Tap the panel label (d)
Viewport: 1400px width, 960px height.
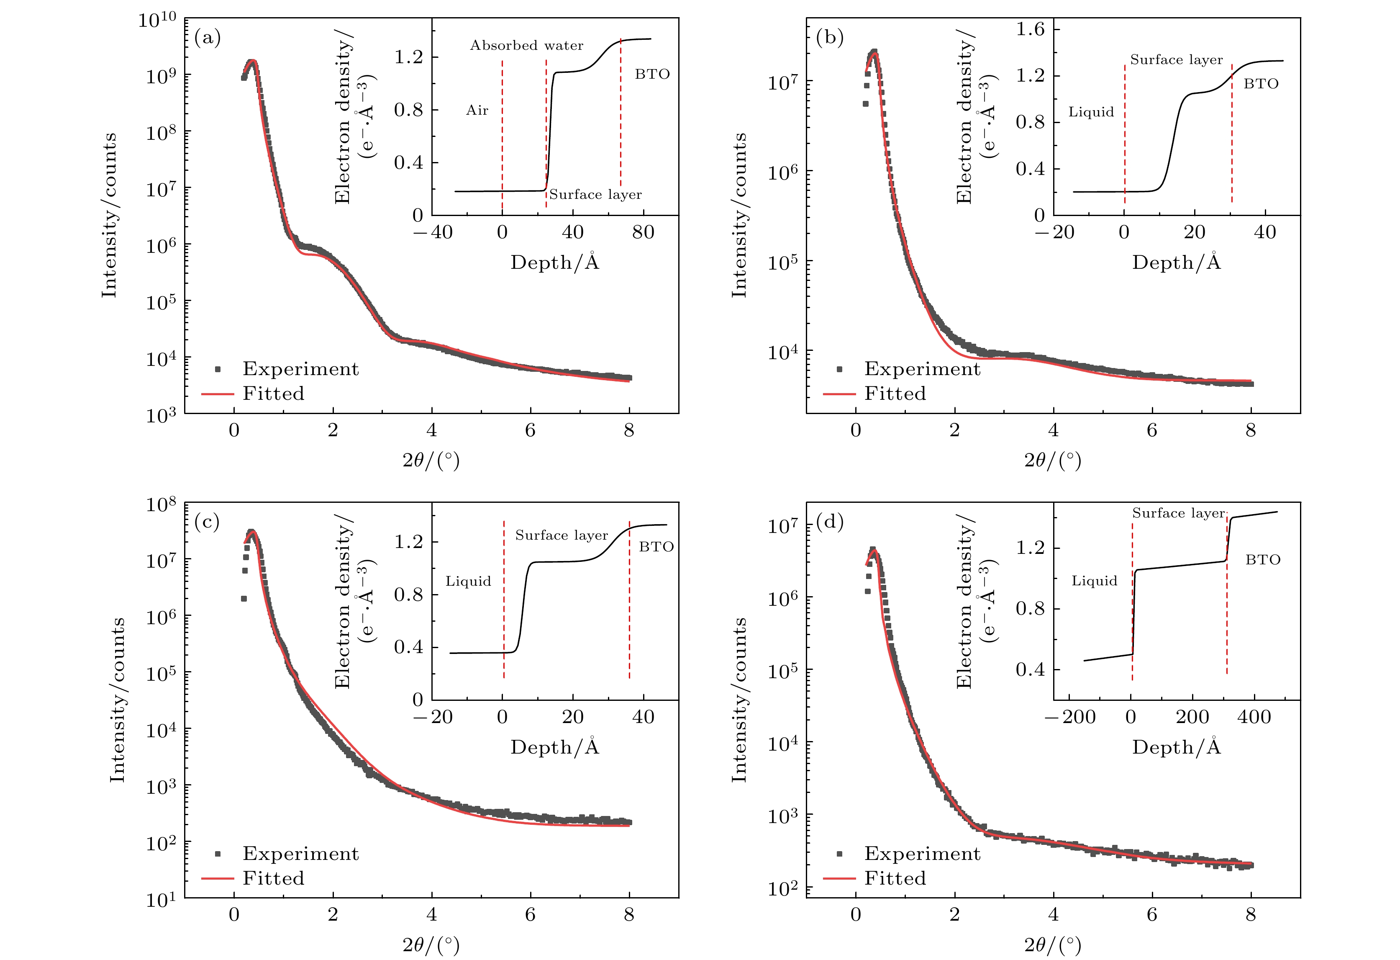[830, 522]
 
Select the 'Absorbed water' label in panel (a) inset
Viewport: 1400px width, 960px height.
[526, 46]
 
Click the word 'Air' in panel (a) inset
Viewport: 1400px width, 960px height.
[477, 110]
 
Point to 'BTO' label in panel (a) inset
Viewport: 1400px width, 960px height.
[652, 74]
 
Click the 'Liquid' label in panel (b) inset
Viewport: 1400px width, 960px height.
[1091, 112]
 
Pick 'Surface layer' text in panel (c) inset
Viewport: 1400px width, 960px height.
[562, 535]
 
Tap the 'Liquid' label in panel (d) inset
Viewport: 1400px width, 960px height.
[1094, 581]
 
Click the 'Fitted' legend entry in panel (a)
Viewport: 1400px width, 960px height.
[274, 394]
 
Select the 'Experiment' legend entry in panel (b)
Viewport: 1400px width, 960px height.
[922, 369]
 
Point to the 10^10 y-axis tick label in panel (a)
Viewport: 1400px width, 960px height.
[157, 21]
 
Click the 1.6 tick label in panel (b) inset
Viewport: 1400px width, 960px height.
[1030, 29]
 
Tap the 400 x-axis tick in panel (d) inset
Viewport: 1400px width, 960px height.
[1254, 717]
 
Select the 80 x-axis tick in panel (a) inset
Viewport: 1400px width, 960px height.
[644, 232]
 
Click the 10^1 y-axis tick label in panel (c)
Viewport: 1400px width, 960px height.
[161, 900]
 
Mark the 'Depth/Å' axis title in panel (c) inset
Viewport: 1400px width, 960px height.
[555, 747]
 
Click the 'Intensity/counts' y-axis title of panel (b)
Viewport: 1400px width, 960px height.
[739, 215]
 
